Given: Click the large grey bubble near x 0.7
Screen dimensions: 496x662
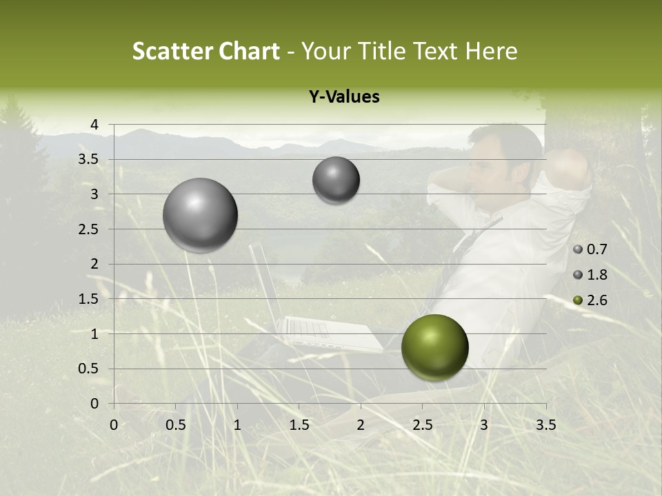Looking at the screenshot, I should (x=201, y=215).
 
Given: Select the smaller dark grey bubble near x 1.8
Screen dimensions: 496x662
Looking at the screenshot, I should (x=336, y=180).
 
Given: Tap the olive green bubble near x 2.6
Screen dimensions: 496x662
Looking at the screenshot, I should (x=434, y=347).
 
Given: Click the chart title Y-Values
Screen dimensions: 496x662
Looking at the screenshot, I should (x=343, y=97).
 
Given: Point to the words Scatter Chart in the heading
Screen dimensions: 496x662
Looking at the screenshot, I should (x=205, y=51).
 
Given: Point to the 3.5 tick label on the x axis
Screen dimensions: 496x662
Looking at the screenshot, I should (x=545, y=425).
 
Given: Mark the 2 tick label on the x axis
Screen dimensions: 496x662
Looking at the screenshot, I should (x=361, y=425).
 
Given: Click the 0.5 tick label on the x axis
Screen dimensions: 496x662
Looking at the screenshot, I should (x=176, y=425).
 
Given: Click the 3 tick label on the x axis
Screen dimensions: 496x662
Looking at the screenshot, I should (x=484, y=425).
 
